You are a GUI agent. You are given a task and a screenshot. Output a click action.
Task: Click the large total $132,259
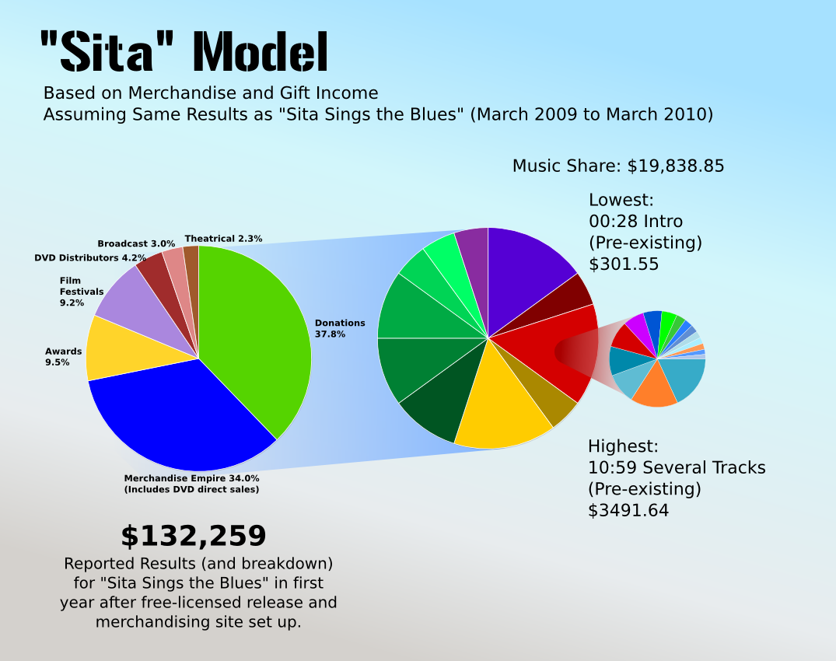193,537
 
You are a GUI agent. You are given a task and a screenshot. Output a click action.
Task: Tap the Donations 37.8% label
340,328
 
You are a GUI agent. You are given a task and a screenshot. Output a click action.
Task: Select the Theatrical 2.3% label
223,239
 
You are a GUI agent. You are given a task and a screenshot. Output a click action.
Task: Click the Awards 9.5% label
63,357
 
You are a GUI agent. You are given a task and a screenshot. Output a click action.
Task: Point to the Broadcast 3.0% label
136,243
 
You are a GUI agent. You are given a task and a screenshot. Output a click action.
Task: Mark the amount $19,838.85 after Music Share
676,166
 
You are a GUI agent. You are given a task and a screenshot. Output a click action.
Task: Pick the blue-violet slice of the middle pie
529,264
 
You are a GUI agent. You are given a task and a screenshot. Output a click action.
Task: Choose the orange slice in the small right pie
653,389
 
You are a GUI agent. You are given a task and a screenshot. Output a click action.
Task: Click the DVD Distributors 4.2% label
90,257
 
